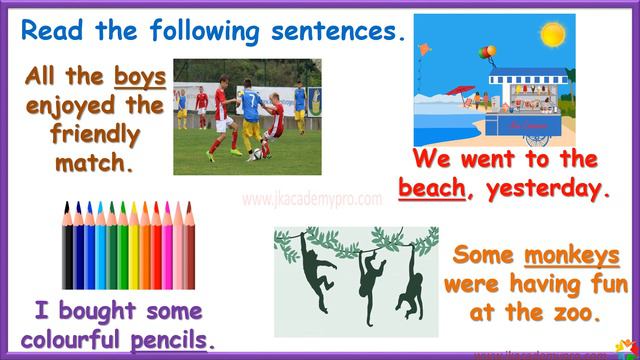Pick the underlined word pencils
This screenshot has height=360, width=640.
(171, 337)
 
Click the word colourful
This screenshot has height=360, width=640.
(74, 337)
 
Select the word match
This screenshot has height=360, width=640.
(91, 159)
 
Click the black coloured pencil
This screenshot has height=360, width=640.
(68, 244)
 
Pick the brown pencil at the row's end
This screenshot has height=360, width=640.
(190, 244)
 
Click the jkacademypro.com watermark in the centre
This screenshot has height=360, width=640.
(311, 199)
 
